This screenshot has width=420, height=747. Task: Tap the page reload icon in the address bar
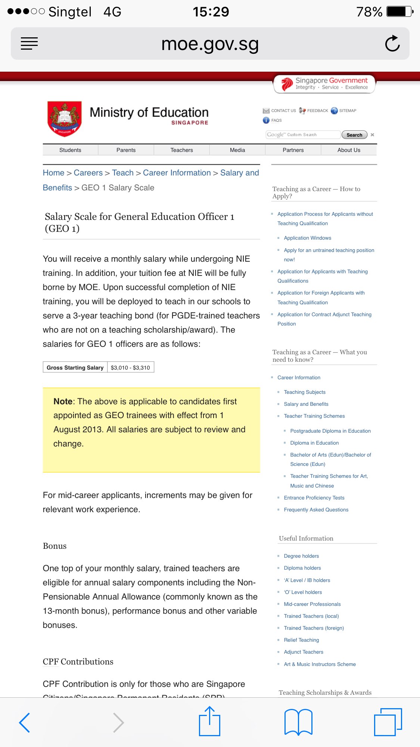coord(392,43)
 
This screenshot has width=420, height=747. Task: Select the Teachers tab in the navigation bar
coord(181,150)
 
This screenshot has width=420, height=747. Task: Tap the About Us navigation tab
coord(349,150)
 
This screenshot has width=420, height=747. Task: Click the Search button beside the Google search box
coord(354,135)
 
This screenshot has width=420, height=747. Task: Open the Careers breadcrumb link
coord(88,173)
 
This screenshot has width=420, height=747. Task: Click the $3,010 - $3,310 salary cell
coord(130,367)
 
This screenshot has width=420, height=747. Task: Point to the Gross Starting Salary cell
coord(75,367)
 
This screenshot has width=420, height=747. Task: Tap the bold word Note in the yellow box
coord(63,401)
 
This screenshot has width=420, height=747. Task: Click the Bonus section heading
coord(55,546)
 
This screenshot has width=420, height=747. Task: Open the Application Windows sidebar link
coord(307,238)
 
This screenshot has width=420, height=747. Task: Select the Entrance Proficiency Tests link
coord(314,498)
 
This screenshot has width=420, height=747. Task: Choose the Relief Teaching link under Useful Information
coord(301,640)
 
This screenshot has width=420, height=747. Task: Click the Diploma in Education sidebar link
coord(314,443)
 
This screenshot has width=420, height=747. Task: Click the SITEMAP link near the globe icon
coord(347,111)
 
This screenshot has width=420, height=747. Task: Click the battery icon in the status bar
coord(399,12)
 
